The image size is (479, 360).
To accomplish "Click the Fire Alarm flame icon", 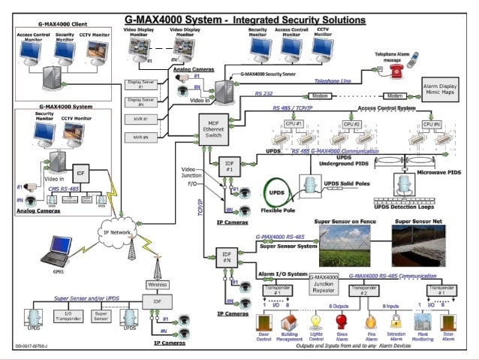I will point(370,321).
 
